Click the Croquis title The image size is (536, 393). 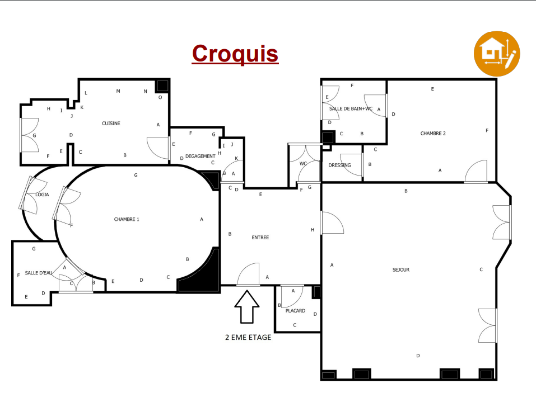[x=235, y=54]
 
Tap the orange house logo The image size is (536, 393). [x=497, y=54]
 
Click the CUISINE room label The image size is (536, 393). [x=111, y=124]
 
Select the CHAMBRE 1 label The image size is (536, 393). [x=127, y=219]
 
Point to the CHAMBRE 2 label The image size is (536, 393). [x=433, y=134]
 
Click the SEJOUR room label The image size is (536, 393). [x=401, y=270]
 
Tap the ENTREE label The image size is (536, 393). [x=260, y=238]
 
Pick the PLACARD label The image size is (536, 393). [x=295, y=311]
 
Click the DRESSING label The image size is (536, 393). [x=339, y=165]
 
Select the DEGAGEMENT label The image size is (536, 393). [x=201, y=156]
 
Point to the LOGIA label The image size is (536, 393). [x=42, y=195]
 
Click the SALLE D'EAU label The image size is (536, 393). [x=39, y=273]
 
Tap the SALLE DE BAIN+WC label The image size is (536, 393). [x=351, y=109]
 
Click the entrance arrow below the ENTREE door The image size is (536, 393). [x=247, y=307]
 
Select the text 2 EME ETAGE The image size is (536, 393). [x=248, y=338]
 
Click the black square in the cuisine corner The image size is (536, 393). [x=162, y=86]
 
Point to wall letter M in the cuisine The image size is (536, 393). [x=118, y=91]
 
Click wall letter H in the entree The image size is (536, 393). [x=313, y=230]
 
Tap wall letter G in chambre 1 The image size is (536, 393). [x=136, y=175]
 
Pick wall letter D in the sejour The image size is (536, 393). [x=418, y=356]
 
